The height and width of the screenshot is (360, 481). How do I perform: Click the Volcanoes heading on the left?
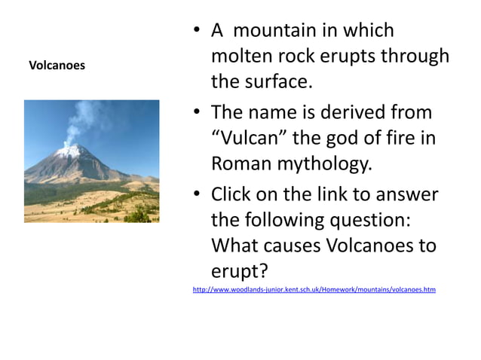pyautogui.click(x=57, y=66)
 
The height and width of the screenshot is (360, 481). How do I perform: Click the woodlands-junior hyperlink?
pyautogui.click(x=314, y=289)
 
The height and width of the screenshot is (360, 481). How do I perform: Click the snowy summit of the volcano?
pyautogui.click(x=75, y=150)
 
